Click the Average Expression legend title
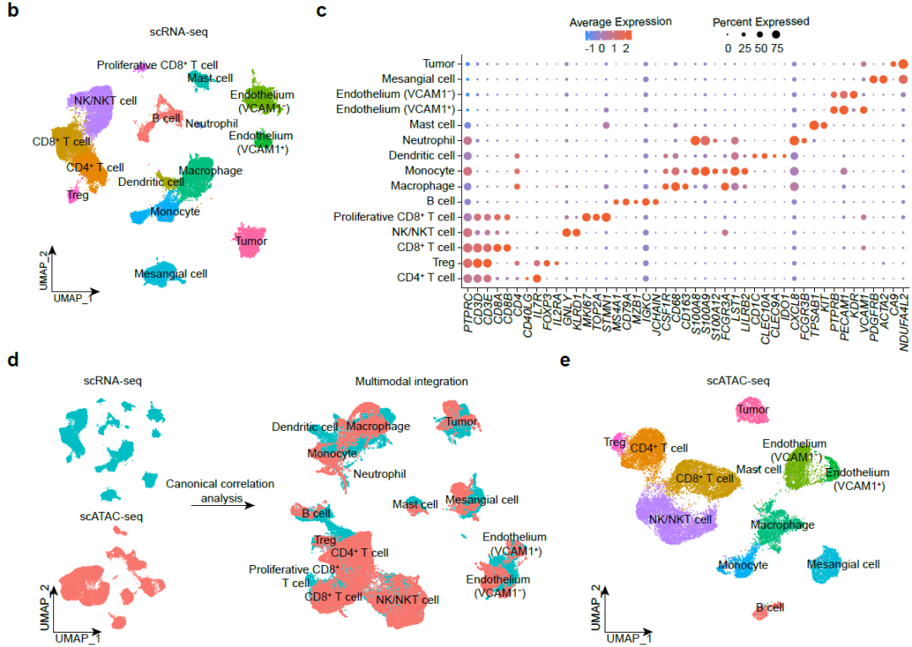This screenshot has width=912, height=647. (621, 21)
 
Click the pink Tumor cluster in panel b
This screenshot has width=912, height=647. (250, 238)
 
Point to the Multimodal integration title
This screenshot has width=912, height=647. (410, 381)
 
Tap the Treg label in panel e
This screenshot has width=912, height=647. (614, 442)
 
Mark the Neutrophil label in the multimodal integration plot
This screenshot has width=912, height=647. (379, 475)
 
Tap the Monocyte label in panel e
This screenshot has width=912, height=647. (742, 564)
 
